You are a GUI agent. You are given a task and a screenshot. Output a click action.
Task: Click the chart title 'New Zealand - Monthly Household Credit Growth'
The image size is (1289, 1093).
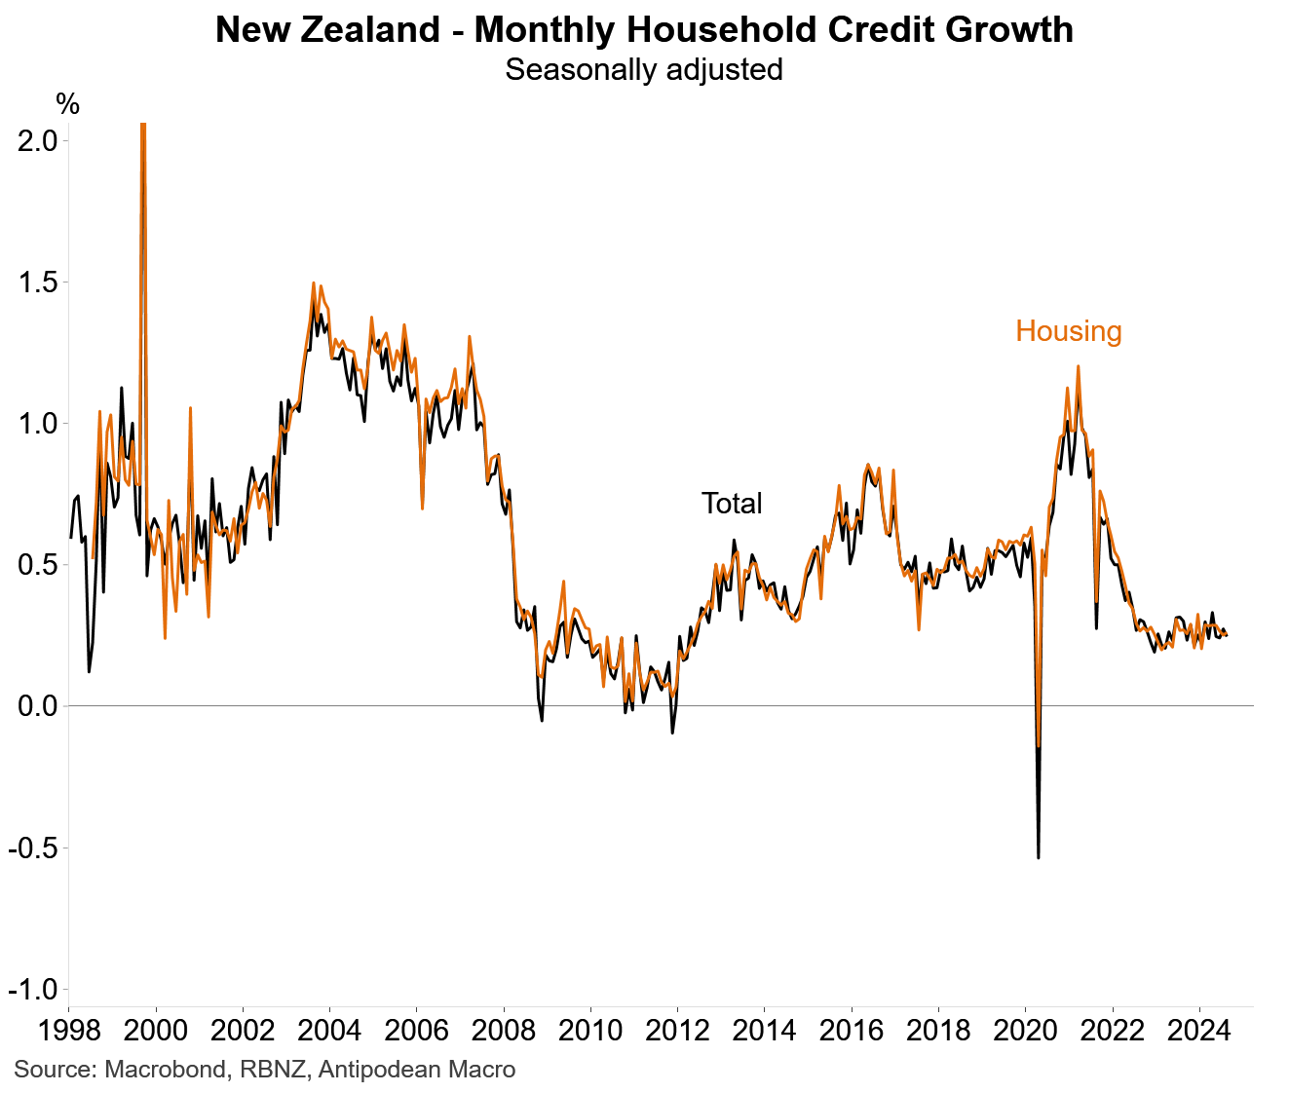click(x=644, y=30)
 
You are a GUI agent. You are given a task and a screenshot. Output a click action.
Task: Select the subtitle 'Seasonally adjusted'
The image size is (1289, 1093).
click(x=644, y=70)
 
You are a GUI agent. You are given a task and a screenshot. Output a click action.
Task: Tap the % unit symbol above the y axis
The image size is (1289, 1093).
click(x=67, y=103)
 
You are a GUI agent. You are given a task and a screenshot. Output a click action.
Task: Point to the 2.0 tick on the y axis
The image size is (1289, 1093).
click(x=38, y=140)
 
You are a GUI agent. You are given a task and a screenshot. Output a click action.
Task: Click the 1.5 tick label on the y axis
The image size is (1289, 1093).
click(x=38, y=283)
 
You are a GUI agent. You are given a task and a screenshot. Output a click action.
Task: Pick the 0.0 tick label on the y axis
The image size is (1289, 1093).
click(x=38, y=705)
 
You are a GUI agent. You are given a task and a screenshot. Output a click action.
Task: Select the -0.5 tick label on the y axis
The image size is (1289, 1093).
click(x=33, y=848)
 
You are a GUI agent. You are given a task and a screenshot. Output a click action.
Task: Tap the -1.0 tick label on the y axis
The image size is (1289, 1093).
click(x=33, y=989)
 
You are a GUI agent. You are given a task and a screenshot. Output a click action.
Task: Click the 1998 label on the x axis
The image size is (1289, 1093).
click(x=68, y=1031)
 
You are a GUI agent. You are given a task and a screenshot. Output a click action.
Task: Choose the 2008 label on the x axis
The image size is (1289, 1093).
click(x=503, y=1031)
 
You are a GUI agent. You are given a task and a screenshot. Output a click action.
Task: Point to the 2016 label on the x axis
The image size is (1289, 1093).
click(x=851, y=1031)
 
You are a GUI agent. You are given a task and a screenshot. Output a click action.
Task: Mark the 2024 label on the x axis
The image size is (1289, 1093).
click(x=1198, y=1031)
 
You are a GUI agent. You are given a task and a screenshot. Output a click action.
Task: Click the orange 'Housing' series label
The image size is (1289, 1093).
click(x=1068, y=331)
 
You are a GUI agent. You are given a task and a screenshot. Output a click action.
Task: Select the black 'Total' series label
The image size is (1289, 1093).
click(x=732, y=504)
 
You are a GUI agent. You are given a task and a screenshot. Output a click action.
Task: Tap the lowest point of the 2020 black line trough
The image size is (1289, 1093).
click(x=1039, y=857)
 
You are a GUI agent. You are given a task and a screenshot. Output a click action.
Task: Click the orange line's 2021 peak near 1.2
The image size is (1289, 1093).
click(x=1078, y=367)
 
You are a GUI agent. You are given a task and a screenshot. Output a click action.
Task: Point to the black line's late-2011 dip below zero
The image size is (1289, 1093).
click(x=672, y=732)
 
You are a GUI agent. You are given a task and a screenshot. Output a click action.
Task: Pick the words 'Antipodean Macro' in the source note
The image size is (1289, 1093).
click(x=417, y=1070)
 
